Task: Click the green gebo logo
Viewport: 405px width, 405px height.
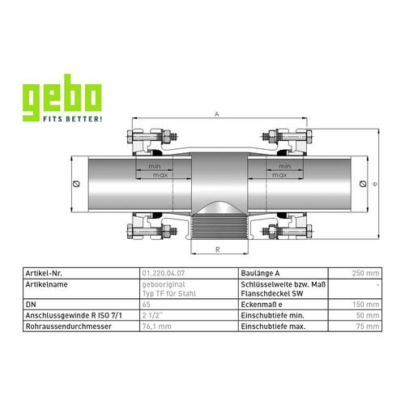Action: tap(62, 98)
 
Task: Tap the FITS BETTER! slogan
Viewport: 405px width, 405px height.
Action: tap(73, 119)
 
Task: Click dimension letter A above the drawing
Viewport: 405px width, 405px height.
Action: tap(216, 114)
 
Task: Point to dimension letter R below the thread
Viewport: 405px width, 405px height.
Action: tap(218, 249)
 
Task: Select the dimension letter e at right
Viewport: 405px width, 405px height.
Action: tap(374, 184)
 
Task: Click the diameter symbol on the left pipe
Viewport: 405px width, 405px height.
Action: tap(76, 184)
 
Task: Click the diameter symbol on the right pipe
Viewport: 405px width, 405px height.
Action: tap(363, 184)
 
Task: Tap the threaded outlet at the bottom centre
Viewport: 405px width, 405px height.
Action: tap(220, 226)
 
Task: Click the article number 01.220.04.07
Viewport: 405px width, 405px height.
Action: tap(164, 273)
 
